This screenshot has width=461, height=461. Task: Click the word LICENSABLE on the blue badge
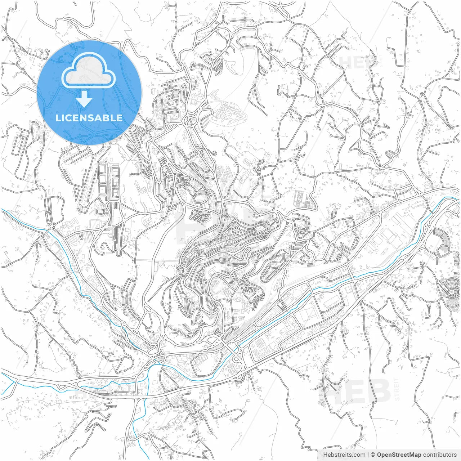tap(89, 118)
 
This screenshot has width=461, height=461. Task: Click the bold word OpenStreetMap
tap(399, 455)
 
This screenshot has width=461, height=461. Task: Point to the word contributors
tap(440, 455)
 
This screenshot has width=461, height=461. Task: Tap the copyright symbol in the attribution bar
tap(373, 455)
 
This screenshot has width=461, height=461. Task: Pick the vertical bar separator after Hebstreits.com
tap(368, 455)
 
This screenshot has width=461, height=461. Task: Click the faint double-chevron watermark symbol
tap(214, 95)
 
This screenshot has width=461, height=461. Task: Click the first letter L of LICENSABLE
tap(58, 118)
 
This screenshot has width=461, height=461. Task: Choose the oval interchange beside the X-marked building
tap(191, 119)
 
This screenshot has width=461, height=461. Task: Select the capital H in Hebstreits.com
tap(325, 455)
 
